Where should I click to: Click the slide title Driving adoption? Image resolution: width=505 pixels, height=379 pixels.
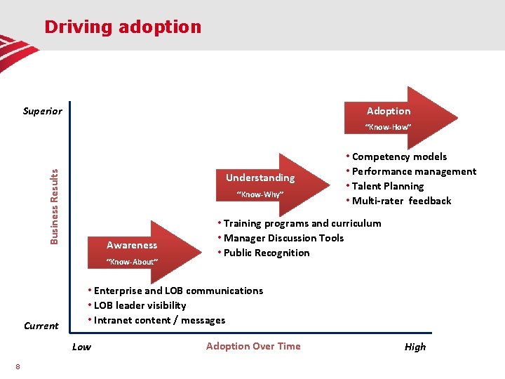(x=123, y=27)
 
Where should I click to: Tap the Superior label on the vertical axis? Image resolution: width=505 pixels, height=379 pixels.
(x=42, y=111)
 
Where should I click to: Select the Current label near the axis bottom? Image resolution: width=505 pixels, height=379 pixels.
(x=41, y=326)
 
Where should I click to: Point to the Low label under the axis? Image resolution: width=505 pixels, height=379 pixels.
(x=81, y=347)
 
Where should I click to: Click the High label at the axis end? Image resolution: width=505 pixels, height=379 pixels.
(x=415, y=347)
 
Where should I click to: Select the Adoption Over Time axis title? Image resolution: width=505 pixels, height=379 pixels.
(x=253, y=346)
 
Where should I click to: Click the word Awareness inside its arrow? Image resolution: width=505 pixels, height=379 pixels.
(x=132, y=245)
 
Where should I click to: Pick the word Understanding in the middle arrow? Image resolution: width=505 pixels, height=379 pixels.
(x=260, y=178)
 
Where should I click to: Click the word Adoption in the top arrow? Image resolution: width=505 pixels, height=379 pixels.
(x=389, y=111)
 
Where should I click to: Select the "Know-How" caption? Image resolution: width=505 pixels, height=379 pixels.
(x=388, y=127)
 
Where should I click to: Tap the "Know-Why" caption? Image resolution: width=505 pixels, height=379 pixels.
(x=260, y=194)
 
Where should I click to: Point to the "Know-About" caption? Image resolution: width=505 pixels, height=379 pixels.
(x=132, y=262)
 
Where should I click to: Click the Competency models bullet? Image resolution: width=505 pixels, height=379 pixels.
(x=399, y=157)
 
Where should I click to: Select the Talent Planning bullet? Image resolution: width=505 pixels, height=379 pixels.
(x=388, y=186)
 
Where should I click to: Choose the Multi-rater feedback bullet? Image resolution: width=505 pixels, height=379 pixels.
(x=401, y=201)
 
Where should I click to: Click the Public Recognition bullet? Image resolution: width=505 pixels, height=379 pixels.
(x=266, y=253)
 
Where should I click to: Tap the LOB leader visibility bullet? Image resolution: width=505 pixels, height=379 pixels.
(x=137, y=305)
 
